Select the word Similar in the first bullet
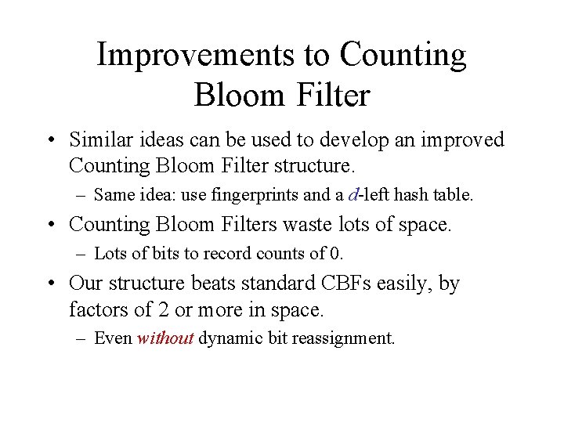click(98, 140)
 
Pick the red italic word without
click(164, 339)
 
